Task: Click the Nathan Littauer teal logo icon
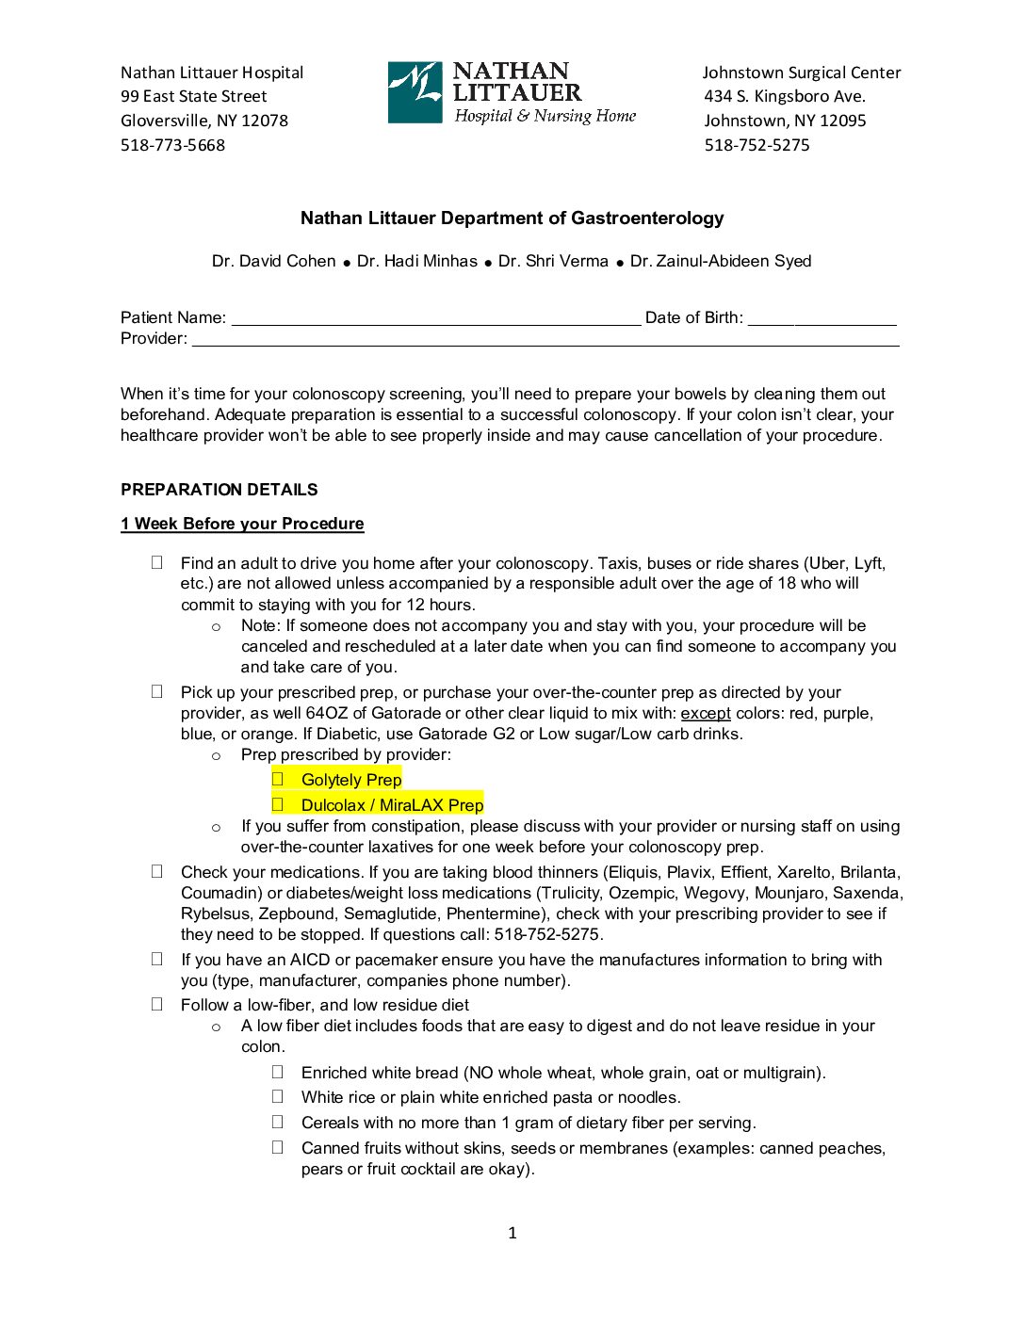point(415,92)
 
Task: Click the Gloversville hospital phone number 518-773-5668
point(172,145)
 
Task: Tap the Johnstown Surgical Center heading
point(801,73)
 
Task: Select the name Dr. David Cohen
point(273,261)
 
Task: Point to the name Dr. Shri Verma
point(553,261)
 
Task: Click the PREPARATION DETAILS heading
point(219,490)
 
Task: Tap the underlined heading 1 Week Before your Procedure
point(242,524)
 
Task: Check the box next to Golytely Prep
point(278,779)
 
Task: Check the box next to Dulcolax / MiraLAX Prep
point(278,804)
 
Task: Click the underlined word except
point(706,713)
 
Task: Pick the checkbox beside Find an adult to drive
point(157,562)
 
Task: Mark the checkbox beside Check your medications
point(157,871)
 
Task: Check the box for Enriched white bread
point(278,1072)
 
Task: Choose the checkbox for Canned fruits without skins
point(278,1147)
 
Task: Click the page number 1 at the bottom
point(512,1233)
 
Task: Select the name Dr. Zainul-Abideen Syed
point(721,261)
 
